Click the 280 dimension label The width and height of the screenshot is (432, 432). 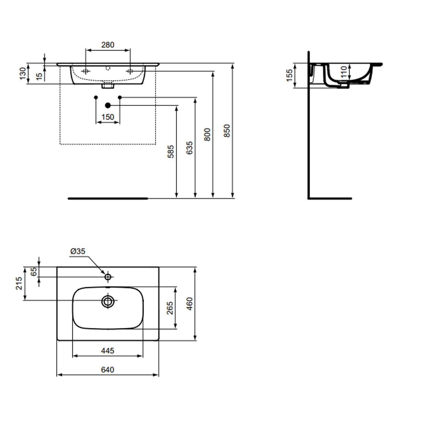pyautogui.click(x=108, y=45)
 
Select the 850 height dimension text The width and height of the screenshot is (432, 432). pyautogui.click(x=227, y=130)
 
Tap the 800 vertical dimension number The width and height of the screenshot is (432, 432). pyautogui.click(x=207, y=134)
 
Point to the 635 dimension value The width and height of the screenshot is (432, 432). pyautogui.click(x=189, y=148)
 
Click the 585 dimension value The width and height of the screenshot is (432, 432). pyautogui.click(x=171, y=151)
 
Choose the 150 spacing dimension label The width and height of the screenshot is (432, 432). pyautogui.click(x=108, y=117)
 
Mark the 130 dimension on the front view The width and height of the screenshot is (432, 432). pyautogui.click(x=22, y=73)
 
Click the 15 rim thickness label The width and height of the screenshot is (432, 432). pyautogui.click(x=39, y=76)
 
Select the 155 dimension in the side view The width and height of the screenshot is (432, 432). pyautogui.click(x=289, y=75)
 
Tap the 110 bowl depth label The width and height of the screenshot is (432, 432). pyautogui.click(x=344, y=72)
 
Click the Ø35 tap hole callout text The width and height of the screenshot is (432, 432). pyautogui.click(x=78, y=251)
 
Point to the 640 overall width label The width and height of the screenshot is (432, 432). pyautogui.click(x=107, y=370)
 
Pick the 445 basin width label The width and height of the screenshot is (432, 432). pyautogui.click(x=107, y=350)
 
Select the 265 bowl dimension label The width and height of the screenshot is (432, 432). pyautogui.click(x=170, y=308)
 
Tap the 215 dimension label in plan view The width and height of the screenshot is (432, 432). pyautogui.click(x=19, y=283)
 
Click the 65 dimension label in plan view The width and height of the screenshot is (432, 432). pyautogui.click(x=34, y=272)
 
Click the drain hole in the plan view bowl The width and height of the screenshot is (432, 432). pyautogui.click(x=108, y=302)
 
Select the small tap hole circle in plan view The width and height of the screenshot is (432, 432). pyautogui.click(x=108, y=277)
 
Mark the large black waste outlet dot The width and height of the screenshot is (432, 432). pyautogui.click(x=108, y=105)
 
